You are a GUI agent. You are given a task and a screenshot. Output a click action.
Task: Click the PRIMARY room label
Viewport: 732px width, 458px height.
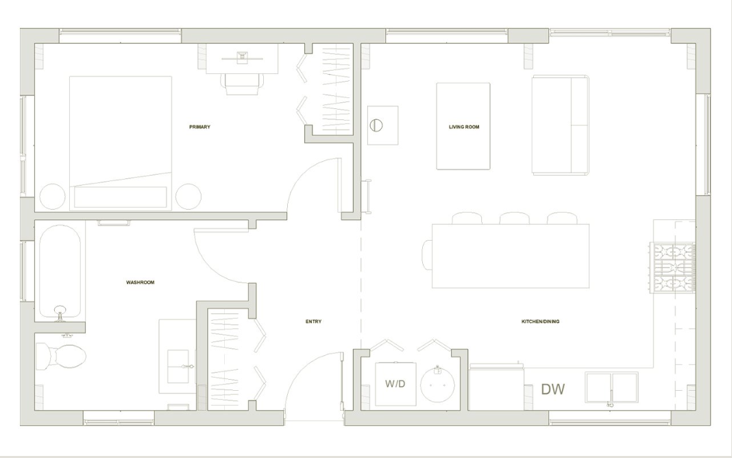coord(200,127)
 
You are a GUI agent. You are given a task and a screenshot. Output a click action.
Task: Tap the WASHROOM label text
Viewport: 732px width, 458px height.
coord(140,282)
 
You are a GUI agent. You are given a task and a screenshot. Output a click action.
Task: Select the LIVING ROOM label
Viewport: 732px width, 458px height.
coord(464,127)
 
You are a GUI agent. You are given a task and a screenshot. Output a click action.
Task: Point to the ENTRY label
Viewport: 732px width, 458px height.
coord(314,322)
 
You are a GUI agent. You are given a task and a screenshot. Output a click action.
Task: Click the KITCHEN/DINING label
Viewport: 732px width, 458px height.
coord(540,322)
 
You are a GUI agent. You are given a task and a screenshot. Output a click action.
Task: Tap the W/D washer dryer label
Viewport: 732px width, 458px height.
coord(395,384)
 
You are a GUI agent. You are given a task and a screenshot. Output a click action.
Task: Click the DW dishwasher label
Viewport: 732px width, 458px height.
coord(552,389)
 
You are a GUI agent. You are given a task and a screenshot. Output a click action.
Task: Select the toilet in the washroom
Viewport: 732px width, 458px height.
coord(61,357)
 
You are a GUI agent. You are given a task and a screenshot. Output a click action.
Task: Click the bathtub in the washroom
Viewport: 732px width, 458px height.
coord(60,272)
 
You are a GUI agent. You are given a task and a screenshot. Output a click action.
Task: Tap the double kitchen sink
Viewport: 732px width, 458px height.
coord(611,387)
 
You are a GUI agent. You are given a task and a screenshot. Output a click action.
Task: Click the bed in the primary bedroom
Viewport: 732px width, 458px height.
coord(121,143)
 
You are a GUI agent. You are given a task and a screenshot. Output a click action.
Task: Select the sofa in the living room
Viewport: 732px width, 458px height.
coord(560,125)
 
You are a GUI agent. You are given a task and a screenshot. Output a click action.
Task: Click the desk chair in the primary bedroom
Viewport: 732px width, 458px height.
coord(242,84)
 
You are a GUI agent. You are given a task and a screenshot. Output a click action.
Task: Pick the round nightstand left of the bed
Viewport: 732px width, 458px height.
coord(52,197)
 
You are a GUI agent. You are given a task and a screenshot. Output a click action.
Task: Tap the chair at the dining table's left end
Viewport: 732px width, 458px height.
coord(428,255)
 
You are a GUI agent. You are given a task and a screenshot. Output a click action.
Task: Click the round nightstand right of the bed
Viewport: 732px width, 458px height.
coord(188,197)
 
